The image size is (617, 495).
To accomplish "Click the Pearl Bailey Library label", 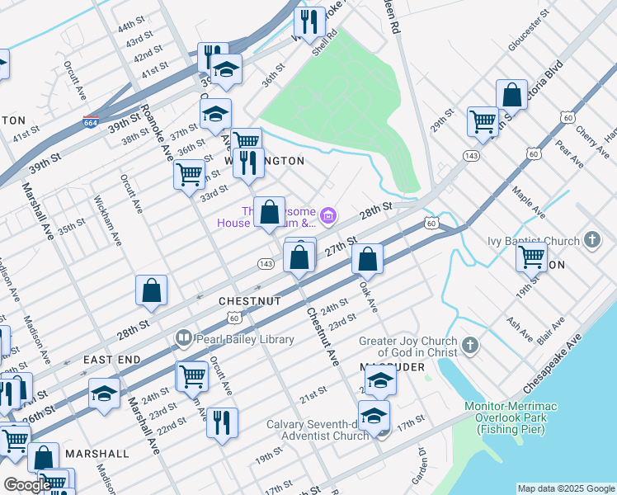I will coord(244,339).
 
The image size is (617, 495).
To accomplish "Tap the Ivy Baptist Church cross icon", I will coord(591,241).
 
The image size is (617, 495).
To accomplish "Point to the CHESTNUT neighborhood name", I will coord(250,302).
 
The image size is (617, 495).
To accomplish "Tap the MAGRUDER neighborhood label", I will coord(392,365).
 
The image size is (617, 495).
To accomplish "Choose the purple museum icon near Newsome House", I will coord(329,216).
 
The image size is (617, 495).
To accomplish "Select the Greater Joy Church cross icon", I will coord(470,344).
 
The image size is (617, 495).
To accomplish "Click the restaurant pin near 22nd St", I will coord(222,423).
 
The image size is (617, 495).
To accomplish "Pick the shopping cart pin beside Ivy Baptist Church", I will coord(532,256).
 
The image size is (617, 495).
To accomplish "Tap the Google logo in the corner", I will coord(26,485).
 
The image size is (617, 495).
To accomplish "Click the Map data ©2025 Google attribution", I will coord(565,488).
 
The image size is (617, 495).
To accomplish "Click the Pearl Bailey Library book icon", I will coord(183,338).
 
